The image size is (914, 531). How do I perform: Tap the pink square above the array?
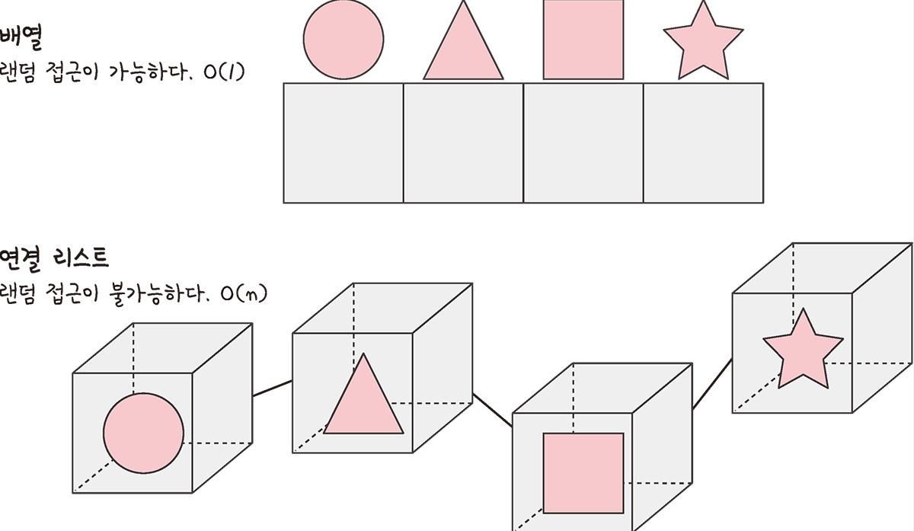coord(583,39)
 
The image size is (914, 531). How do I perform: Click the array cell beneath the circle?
coord(343,143)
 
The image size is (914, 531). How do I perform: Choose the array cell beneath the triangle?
coord(463,143)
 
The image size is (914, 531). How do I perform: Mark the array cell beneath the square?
coord(583,143)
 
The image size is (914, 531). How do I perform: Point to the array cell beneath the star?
coord(704,143)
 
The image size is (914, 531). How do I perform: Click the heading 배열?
coord(24,37)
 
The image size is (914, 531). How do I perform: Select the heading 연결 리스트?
coord(55,258)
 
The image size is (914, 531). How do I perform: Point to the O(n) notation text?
coord(243,294)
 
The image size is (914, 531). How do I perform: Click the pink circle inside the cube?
coord(143,432)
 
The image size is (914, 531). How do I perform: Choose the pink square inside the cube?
coord(583,472)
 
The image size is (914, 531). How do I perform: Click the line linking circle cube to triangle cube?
coord(272,388)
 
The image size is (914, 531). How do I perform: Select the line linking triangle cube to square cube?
coord(492,409)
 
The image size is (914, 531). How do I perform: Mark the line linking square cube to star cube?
coord(712,385)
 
